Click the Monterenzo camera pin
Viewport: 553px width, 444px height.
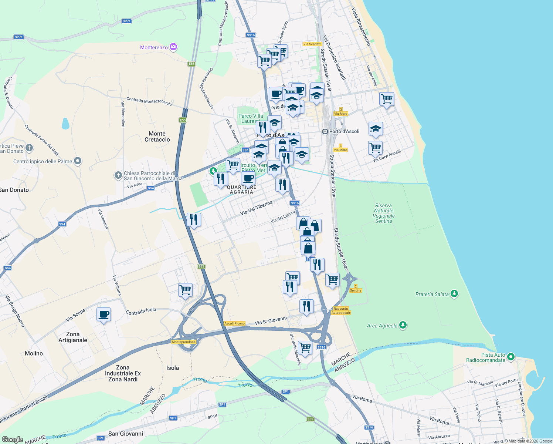click(x=173, y=47)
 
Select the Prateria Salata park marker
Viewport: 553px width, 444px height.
click(x=454, y=294)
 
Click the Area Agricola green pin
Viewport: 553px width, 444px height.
click(x=403, y=325)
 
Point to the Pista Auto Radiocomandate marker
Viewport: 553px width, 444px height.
click(x=511, y=357)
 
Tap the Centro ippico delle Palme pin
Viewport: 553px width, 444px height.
click(x=77, y=161)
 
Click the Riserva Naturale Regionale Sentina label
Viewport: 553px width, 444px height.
click(x=383, y=213)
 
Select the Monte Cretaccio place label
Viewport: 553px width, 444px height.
click(x=157, y=137)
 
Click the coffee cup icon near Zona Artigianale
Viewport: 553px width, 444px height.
click(x=104, y=314)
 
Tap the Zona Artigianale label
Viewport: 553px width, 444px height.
click(x=73, y=337)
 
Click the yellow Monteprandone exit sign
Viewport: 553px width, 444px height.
click(x=184, y=342)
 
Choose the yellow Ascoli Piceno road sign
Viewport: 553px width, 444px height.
click(x=234, y=323)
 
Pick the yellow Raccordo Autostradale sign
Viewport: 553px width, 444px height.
click(x=341, y=310)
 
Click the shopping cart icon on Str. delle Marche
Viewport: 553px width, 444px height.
click(x=305, y=347)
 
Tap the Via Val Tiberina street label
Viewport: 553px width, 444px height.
click(x=256, y=208)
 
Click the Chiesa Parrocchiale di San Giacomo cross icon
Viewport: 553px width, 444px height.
click(x=118, y=175)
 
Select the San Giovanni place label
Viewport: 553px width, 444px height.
click(x=126, y=434)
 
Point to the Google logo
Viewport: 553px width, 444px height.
click(x=12, y=439)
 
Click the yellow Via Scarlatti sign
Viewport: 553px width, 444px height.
click(x=312, y=44)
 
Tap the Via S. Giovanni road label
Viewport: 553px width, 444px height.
click(x=271, y=320)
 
